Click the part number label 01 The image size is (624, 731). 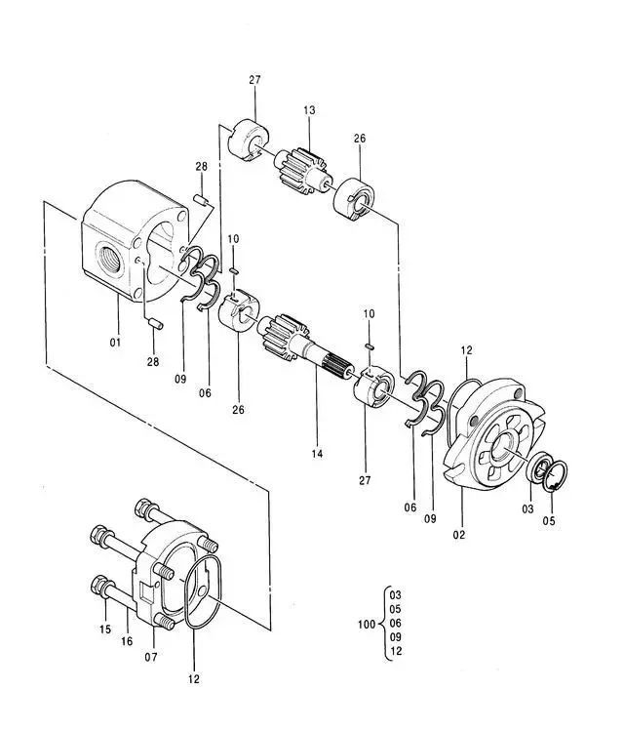pyautogui.click(x=115, y=343)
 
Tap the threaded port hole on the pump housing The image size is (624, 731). pyautogui.click(x=110, y=259)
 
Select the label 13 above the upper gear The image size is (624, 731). pyautogui.click(x=309, y=110)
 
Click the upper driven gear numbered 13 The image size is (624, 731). pyautogui.click(x=303, y=170)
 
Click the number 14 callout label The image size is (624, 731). pyautogui.click(x=317, y=453)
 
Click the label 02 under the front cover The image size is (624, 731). pyautogui.click(x=459, y=534)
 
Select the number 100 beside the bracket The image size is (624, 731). pyautogui.click(x=367, y=624)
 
